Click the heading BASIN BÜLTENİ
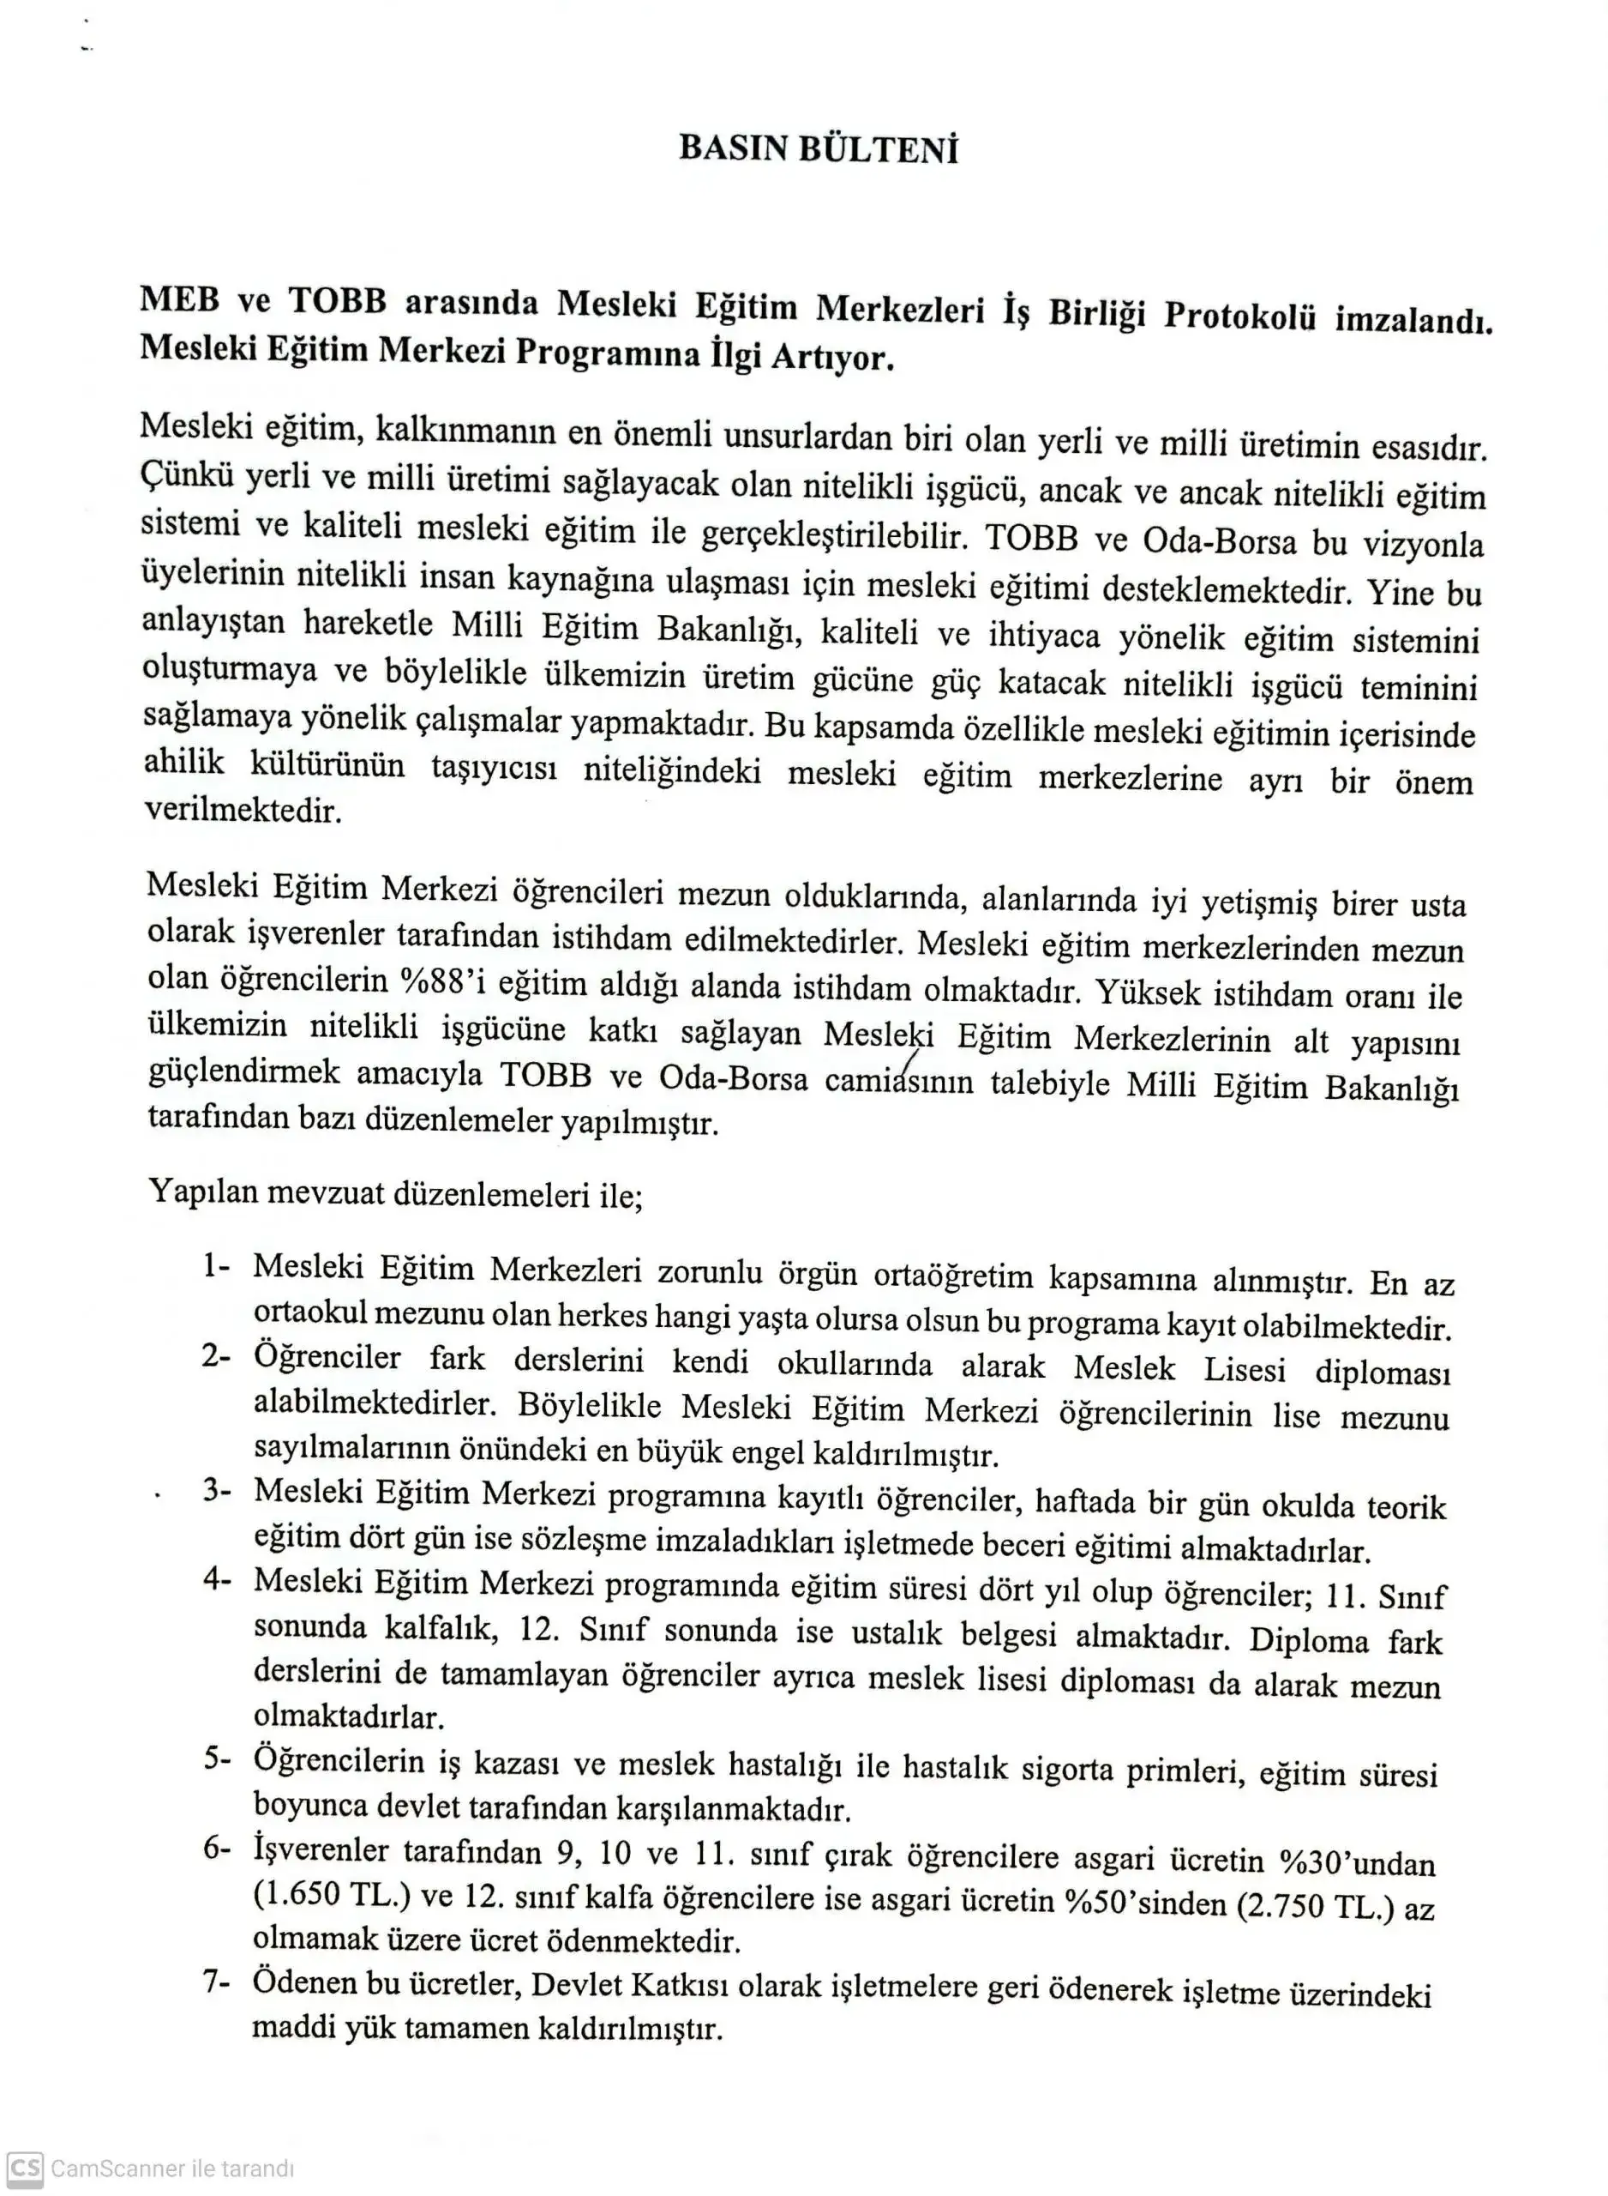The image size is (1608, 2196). point(819,148)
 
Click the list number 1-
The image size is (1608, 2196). point(216,1266)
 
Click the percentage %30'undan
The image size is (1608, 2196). point(1357,1863)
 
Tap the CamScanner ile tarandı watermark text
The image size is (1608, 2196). point(171,2169)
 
